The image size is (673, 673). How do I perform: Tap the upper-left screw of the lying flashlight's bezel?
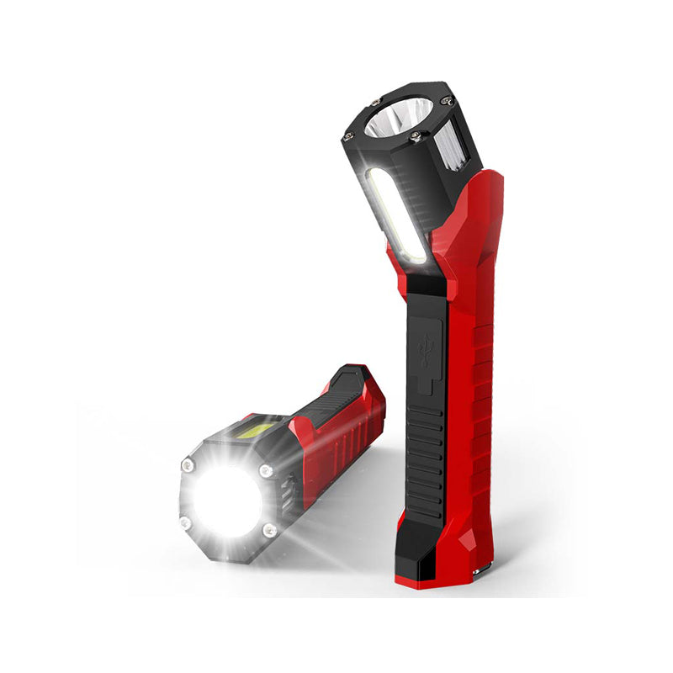point(188,465)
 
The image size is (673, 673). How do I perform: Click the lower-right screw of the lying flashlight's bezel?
point(268,530)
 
